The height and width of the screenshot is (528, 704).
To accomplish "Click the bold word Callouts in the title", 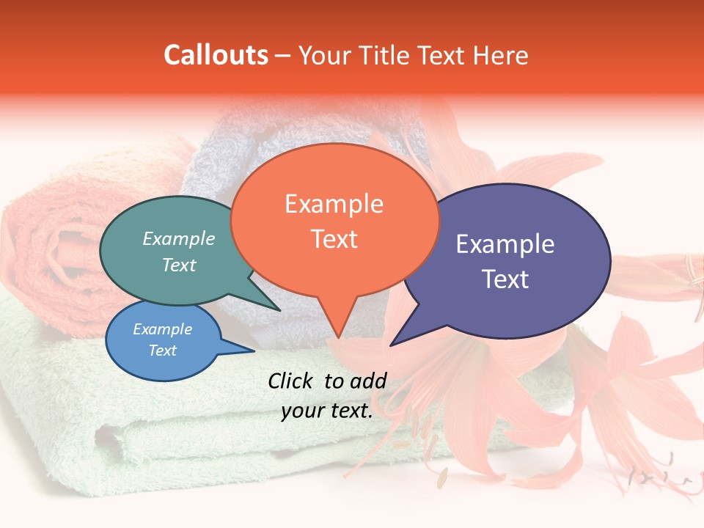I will pos(216,55).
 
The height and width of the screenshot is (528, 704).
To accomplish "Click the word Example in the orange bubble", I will pos(334,204).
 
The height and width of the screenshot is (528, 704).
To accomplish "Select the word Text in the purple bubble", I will pos(505,279).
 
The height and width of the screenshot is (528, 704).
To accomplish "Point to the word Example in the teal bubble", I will pos(179,238).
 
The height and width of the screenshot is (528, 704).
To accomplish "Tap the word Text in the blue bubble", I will pos(163,351).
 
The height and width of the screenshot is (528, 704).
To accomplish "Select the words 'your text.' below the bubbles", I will pos(327,411).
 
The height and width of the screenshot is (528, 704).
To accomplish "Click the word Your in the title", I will pos(323,55).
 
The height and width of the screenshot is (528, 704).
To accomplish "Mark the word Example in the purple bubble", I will pos(505,244).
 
